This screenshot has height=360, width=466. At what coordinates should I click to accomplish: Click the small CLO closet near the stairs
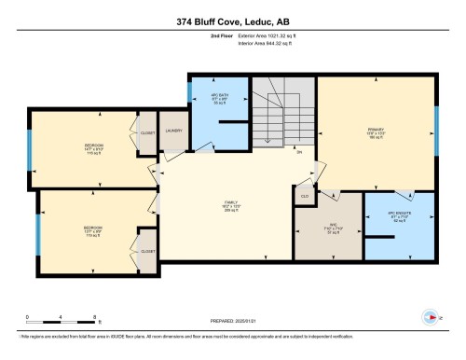click(304, 197)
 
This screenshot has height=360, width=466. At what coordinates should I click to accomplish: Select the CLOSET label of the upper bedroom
click(147, 132)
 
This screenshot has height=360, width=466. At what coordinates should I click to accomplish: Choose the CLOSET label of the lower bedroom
click(147, 252)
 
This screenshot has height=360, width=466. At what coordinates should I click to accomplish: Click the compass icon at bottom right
click(430, 314)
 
